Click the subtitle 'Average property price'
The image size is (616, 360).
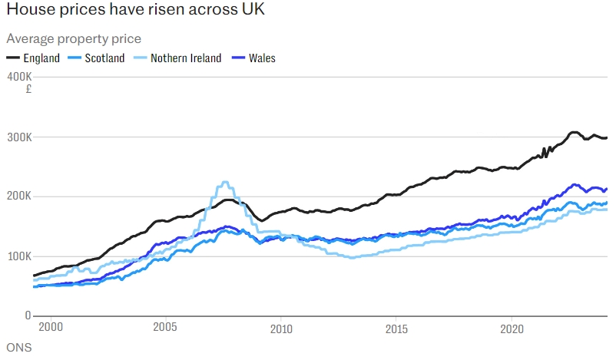(74, 39)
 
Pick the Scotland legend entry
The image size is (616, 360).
(104, 58)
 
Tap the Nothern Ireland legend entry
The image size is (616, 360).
(185, 58)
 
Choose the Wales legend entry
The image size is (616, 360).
(262, 58)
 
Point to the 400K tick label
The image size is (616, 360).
(18, 78)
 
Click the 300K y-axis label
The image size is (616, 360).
(18, 137)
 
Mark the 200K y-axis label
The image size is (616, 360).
(18, 197)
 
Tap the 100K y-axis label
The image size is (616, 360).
(18, 256)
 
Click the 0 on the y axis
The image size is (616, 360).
(28, 315)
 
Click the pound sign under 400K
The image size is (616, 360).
(28, 89)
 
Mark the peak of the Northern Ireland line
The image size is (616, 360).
(224, 183)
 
